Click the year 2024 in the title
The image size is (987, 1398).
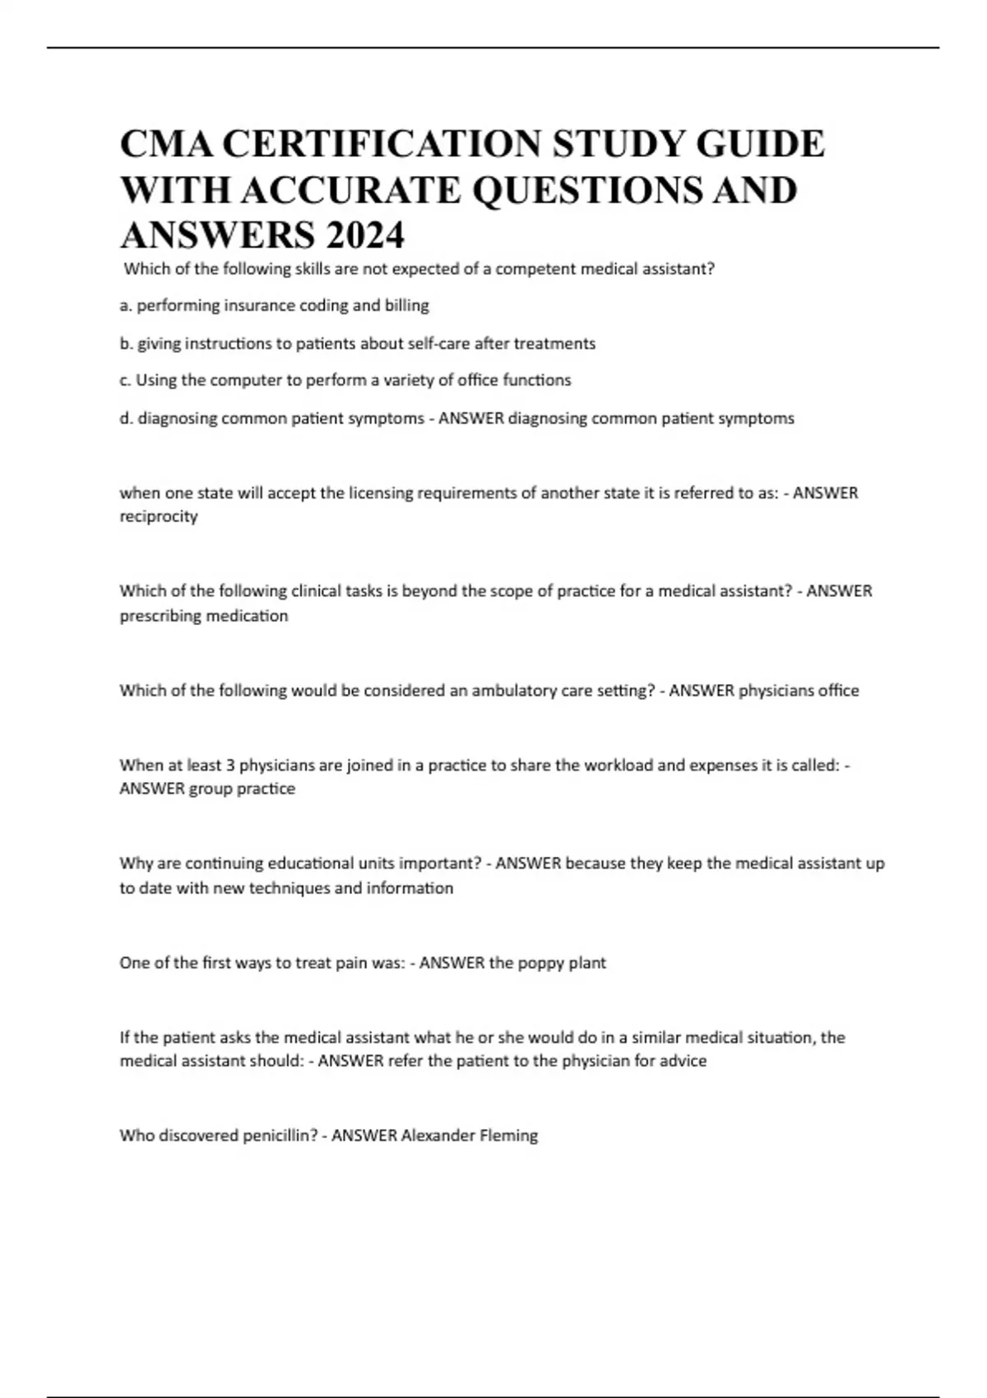[x=364, y=236]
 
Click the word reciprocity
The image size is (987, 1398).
[x=159, y=516]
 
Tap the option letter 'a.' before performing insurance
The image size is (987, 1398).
[x=126, y=306]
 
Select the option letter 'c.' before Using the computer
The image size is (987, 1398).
[x=125, y=381]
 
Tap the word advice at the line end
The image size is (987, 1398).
[x=684, y=1061]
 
